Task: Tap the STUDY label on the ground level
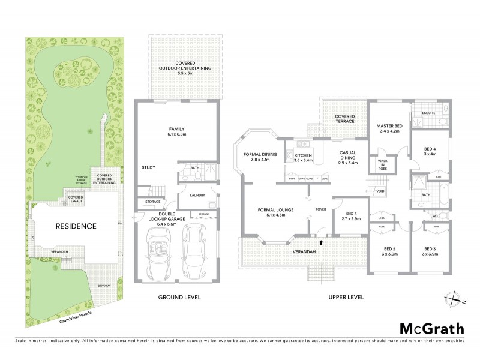[149, 168]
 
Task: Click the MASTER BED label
[388, 127]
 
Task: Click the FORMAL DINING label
[260, 154]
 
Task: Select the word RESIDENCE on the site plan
[76, 226]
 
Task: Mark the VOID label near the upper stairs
[380, 192]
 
